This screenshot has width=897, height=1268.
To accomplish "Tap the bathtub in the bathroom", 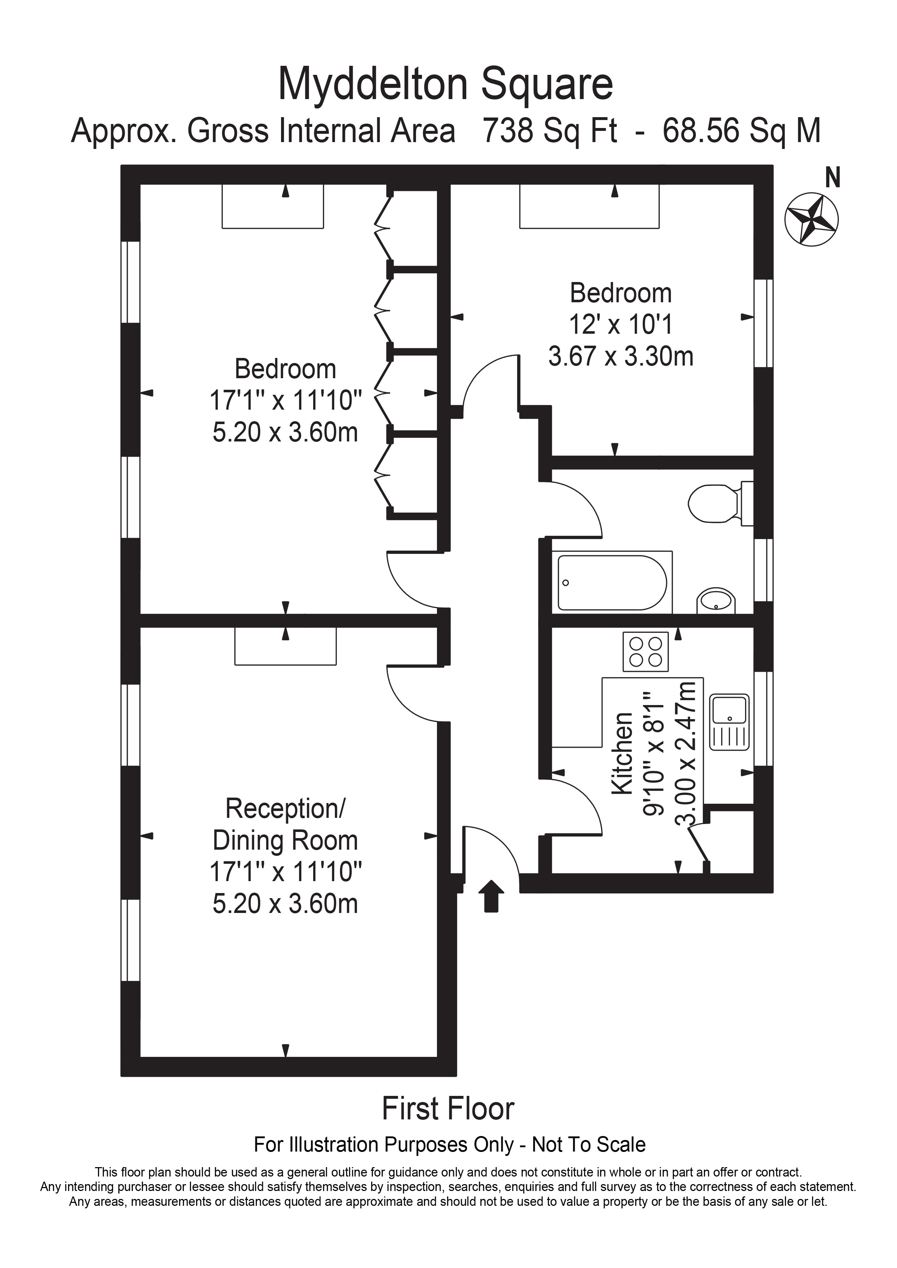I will click(x=612, y=582).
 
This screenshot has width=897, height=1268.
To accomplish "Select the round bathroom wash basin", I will click(x=716, y=601).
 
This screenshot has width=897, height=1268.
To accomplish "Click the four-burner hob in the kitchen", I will click(x=646, y=652).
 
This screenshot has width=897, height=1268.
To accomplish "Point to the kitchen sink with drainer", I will click(x=730, y=722).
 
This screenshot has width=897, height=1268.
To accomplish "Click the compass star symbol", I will click(x=811, y=219).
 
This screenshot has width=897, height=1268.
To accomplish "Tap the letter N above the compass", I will click(x=832, y=178).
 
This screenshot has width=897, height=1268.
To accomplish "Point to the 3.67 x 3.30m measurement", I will click(x=620, y=356).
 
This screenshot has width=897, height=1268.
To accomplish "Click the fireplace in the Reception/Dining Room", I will click(x=285, y=646).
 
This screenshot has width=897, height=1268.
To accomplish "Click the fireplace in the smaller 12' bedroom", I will click(x=589, y=206).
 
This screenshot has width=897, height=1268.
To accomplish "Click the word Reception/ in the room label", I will click(x=285, y=808).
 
